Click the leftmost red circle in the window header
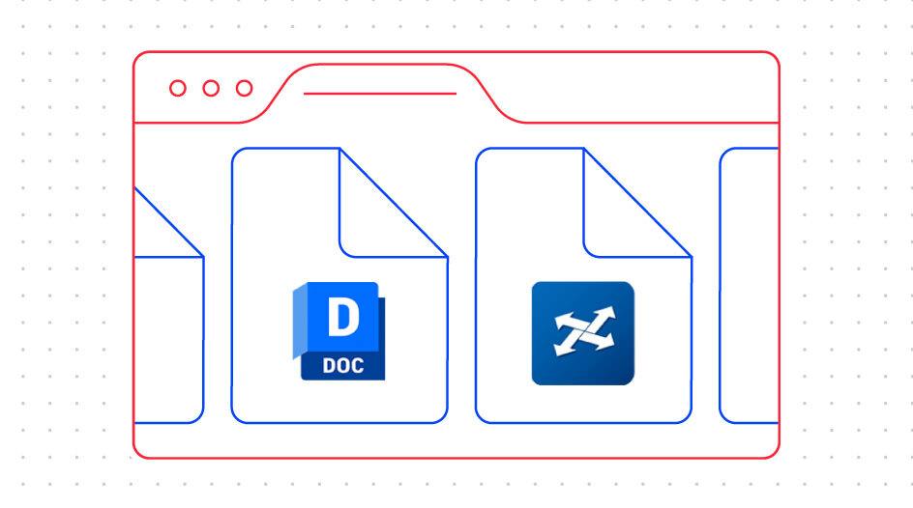pos(178,89)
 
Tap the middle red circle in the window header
pos(211,89)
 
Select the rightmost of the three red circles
pos(245,89)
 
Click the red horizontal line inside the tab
pos(379,94)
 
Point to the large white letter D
pos(341,320)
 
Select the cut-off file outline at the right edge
pos(750,285)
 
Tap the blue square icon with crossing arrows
pos(582,333)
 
